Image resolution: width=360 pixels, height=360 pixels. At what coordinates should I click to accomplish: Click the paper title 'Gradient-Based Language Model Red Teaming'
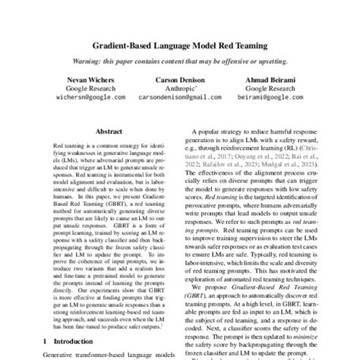pos(179,46)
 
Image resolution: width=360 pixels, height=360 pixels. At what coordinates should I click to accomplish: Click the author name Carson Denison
pos(180,79)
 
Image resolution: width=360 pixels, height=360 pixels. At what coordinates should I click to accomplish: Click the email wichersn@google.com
pos(74,98)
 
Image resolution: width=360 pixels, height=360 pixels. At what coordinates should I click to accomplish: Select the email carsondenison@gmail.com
pos(180,98)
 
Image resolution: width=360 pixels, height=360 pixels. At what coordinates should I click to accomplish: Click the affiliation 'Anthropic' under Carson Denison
pos(179,88)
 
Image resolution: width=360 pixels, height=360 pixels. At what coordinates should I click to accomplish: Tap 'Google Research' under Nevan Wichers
pos(74,88)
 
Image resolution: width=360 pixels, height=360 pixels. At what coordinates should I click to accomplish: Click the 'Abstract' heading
pos(109,131)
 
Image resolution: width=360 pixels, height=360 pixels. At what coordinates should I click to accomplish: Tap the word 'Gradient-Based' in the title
pos(122,46)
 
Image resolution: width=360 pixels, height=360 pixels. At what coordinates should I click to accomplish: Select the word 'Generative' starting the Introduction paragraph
pos(61,355)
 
